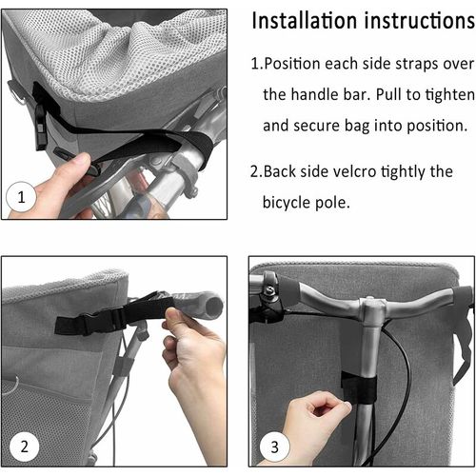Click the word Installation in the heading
click(307, 20)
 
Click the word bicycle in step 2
click(291, 202)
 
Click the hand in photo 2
click(195, 357)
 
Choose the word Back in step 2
click(283, 171)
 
